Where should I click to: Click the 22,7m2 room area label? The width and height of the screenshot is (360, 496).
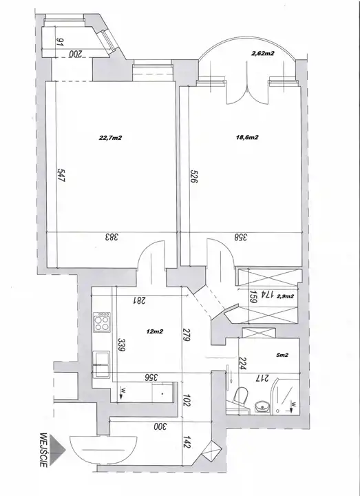(x=111, y=138)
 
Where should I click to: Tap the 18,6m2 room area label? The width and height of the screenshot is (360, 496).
(x=248, y=137)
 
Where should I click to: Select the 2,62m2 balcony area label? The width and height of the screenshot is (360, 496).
(x=263, y=54)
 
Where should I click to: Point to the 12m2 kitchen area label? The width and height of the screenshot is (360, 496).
(x=155, y=331)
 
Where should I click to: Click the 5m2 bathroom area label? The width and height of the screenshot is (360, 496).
(x=282, y=355)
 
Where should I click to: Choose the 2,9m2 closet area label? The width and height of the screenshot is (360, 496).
(x=286, y=296)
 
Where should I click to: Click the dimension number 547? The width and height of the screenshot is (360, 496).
(x=61, y=175)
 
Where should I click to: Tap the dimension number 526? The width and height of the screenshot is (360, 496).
(x=193, y=176)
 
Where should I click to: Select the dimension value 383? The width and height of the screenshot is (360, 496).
(x=112, y=237)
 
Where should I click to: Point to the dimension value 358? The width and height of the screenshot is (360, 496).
(x=241, y=237)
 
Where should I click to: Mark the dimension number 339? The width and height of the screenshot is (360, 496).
(x=121, y=345)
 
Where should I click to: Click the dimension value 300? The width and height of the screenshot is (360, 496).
(x=160, y=426)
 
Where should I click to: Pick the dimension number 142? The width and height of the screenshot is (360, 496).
(x=187, y=442)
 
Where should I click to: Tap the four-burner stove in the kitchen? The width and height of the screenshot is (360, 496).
(x=102, y=322)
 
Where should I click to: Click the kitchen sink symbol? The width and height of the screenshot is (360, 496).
(x=101, y=364)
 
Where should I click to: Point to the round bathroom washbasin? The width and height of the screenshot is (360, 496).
(x=262, y=406)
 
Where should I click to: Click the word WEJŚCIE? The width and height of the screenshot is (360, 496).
(x=43, y=450)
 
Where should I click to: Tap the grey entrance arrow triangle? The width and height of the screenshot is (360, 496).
(x=58, y=449)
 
